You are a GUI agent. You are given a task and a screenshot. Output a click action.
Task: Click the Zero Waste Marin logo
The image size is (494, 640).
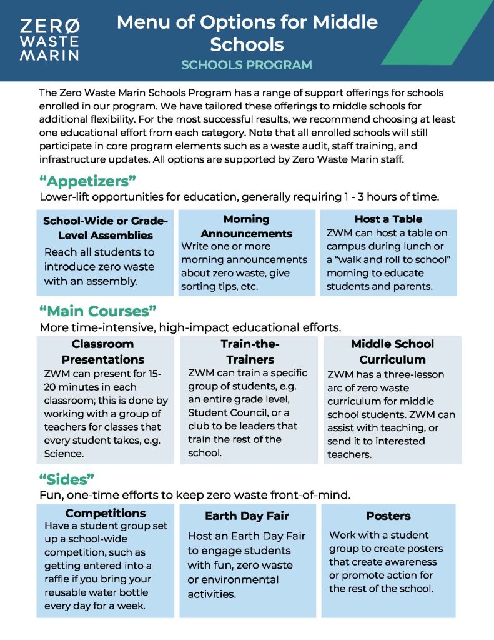pyautogui.click(x=49, y=39)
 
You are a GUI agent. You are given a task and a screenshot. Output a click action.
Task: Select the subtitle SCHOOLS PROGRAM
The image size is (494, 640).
pyautogui.click(x=247, y=65)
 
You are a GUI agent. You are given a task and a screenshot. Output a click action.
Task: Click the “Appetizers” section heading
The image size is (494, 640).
pyautogui.click(x=87, y=182)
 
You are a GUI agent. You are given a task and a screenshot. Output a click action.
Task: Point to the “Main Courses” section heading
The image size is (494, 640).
pyautogui.click(x=97, y=311)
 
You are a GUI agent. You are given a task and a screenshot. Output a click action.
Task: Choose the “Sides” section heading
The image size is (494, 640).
pyautogui.click(x=66, y=479)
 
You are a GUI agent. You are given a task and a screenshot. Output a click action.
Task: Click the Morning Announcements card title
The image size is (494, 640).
pyautogui.click(x=246, y=226)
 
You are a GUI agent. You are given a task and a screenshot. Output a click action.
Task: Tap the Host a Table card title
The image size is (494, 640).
pyautogui.click(x=388, y=219)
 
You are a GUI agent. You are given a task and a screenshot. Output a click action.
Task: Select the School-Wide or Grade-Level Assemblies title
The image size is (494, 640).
pyautogui.click(x=105, y=228)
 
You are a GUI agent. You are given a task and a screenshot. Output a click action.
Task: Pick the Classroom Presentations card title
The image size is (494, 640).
pyautogui.click(x=103, y=352)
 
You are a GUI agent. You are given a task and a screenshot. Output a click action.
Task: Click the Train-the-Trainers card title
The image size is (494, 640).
pyautogui.click(x=248, y=352)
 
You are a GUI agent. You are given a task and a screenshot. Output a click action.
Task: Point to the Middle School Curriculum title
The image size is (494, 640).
pyautogui.click(x=392, y=352)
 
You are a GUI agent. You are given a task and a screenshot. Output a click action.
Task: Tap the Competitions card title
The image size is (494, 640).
pyautogui.click(x=106, y=514)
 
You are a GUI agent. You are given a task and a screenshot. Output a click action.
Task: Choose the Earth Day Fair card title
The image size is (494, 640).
pyautogui.click(x=247, y=516)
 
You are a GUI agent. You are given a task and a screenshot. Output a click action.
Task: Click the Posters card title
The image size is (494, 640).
pyautogui.click(x=388, y=516)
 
